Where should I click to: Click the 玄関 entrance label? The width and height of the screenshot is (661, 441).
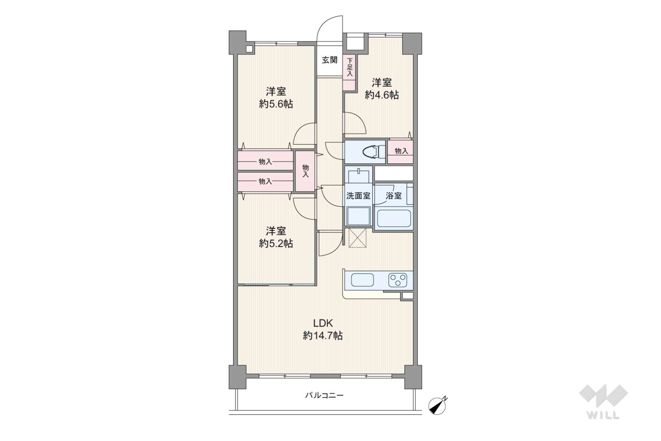329,60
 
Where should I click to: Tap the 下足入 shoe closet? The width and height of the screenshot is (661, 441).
349,73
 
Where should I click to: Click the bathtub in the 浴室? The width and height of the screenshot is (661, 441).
394,218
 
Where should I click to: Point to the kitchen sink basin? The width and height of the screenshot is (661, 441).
362,280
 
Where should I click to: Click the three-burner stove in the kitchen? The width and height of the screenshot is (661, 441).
398,280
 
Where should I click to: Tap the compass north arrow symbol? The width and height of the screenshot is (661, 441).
438,405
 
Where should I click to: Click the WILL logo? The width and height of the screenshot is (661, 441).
603,401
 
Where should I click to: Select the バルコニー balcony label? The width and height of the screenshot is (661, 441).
324,395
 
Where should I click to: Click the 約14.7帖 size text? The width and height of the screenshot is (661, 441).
323,336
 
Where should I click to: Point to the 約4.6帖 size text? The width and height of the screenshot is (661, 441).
382,95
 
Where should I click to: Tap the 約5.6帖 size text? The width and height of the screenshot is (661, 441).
276,104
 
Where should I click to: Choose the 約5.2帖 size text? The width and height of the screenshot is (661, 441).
276,244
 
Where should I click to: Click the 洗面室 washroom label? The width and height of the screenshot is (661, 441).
358,195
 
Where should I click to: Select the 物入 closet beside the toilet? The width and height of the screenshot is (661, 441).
400,152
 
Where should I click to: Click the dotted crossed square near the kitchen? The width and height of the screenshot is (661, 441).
357,238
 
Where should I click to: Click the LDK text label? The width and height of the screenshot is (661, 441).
323,323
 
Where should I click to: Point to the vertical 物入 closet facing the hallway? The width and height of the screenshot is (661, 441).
305,171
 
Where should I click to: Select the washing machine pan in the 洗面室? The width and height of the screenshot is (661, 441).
359,216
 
